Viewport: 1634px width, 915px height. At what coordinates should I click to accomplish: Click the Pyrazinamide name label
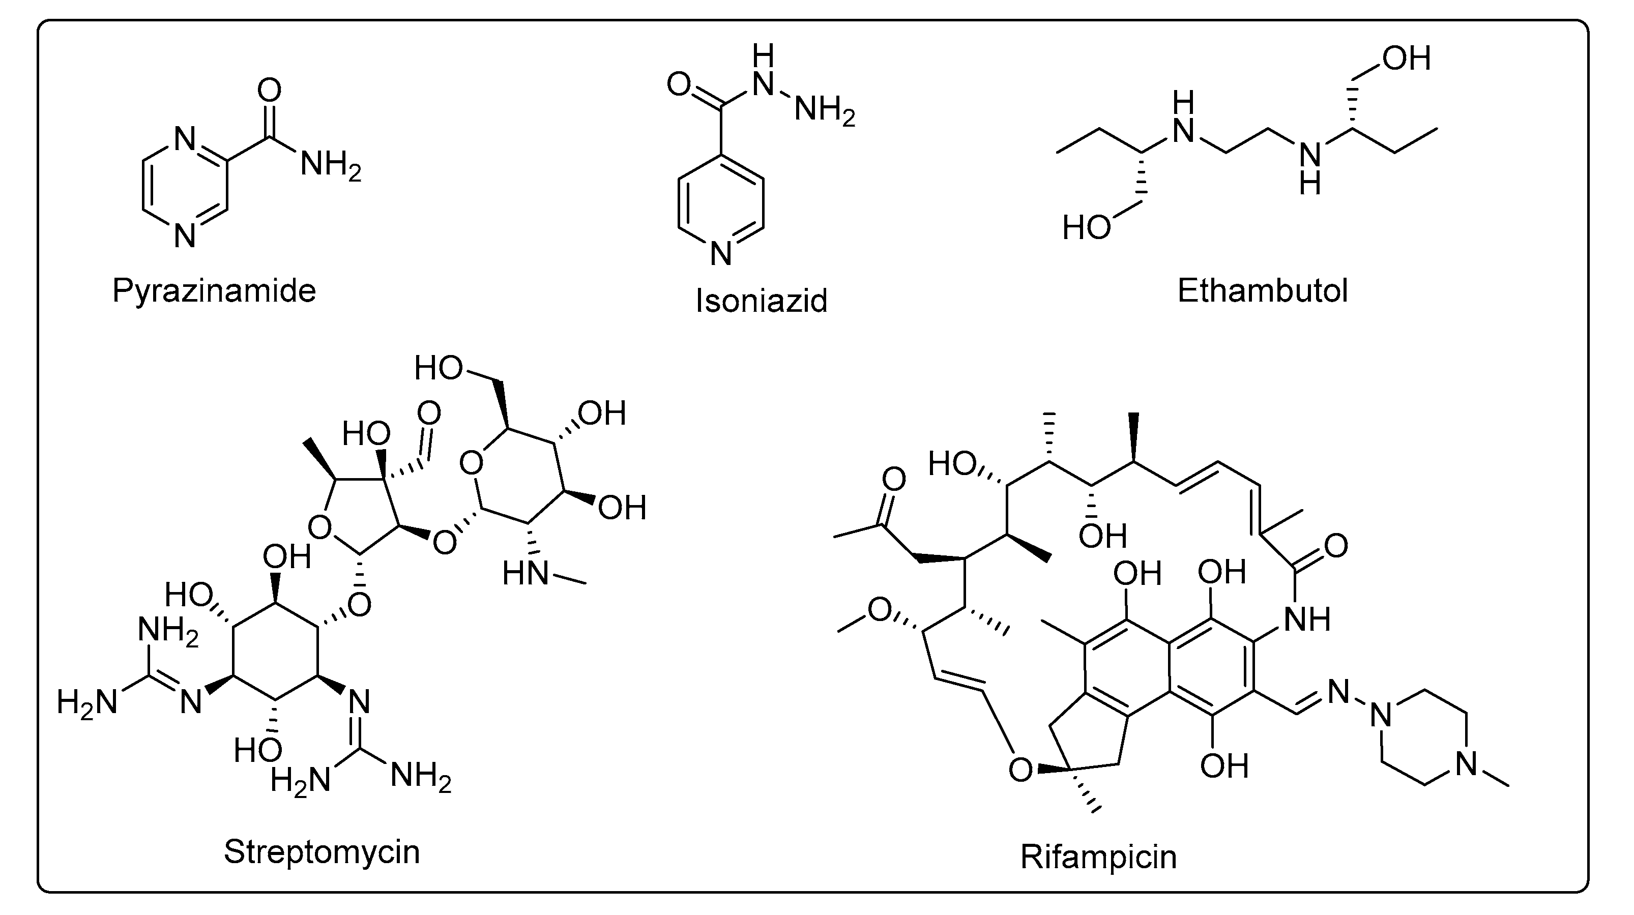214,291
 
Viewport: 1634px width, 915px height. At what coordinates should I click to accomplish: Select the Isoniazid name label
761,301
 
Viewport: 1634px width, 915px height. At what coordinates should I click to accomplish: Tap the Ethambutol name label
1262,291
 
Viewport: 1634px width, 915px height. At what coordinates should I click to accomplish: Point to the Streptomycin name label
322,851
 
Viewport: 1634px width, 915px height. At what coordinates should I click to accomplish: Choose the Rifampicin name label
1098,857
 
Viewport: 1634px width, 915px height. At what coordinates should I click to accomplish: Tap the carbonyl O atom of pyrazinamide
269,91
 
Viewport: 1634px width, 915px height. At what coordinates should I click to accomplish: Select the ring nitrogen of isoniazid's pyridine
720,254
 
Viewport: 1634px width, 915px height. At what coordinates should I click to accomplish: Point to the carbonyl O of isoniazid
679,84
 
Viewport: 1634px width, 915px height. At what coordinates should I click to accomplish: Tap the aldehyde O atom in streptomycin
429,414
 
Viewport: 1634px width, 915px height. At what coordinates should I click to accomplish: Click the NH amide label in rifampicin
1307,618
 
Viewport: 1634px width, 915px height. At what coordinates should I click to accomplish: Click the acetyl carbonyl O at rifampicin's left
894,480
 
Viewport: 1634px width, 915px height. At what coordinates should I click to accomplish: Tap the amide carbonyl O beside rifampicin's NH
1336,546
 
